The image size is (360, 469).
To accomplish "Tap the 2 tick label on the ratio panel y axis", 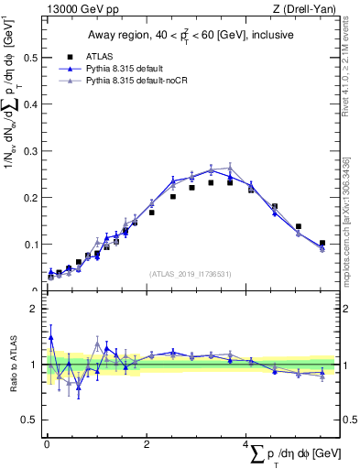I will [32, 309].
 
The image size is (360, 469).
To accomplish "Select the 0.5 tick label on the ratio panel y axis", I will [27, 420].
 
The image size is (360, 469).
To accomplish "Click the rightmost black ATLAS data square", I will [322, 243].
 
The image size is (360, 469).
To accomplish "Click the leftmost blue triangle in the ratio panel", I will [50, 337].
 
